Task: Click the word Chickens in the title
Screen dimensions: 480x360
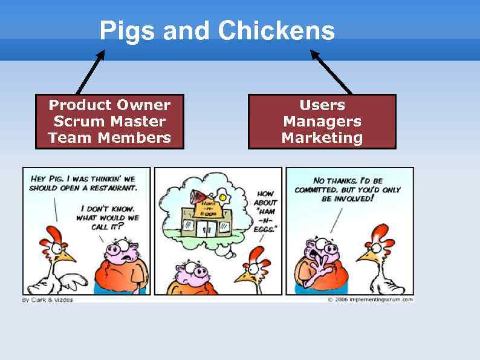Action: point(276,30)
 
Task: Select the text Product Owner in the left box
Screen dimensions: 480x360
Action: point(109,105)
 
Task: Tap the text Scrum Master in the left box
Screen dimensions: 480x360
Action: point(109,122)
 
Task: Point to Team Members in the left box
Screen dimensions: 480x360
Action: point(109,138)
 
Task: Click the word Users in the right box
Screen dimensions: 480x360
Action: point(322,105)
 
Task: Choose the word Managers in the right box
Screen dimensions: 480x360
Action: point(322,122)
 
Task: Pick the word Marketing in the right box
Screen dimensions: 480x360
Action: point(322,138)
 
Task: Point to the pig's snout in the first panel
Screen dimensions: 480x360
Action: point(114,249)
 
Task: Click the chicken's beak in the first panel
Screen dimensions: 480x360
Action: point(67,256)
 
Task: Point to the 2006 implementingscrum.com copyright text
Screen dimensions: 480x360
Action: point(371,299)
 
